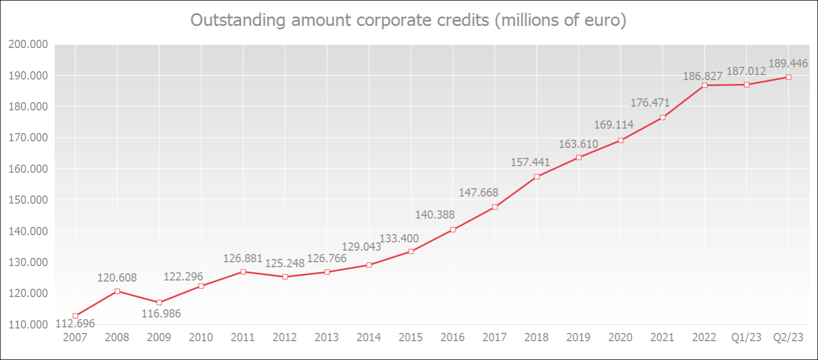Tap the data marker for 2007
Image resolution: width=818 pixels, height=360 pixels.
click(x=75, y=316)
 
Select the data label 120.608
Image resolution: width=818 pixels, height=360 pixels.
click(x=117, y=278)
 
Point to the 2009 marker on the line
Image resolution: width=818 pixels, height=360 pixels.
click(x=159, y=303)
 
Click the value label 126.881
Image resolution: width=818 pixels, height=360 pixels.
click(x=243, y=258)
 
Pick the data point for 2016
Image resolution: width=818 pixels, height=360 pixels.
click(x=453, y=230)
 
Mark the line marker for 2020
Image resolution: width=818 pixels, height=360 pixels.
click(x=621, y=140)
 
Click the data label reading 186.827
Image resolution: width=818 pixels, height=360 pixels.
click(x=703, y=76)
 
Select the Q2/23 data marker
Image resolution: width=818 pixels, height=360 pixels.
click(x=789, y=77)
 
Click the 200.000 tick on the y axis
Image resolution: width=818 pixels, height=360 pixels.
click(x=29, y=45)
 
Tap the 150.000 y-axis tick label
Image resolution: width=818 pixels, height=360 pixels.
click(x=29, y=200)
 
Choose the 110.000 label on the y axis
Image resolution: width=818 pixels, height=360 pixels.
click(x=29, y=325)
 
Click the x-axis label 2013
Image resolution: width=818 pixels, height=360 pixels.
click(x=327, y=337)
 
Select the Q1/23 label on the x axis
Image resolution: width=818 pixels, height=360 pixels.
click(x=747, y=337)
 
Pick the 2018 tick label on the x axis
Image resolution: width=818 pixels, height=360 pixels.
click(x=537, y=337)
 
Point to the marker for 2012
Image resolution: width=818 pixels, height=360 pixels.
click(x=285, y=277)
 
